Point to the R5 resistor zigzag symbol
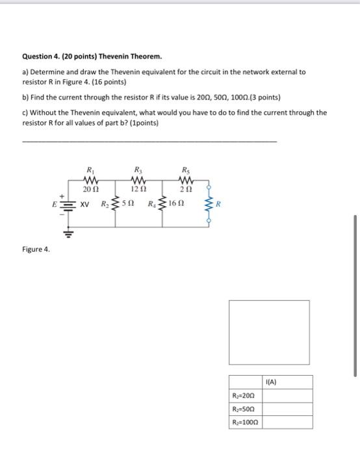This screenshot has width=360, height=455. pyautogui.click(x=186, y=180)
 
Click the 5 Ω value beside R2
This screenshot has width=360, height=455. pyautogui.click(x=131, y=203)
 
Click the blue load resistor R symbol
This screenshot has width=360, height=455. pyautogui.click(x=209, y=203)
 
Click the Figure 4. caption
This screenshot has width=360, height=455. pyautogui.click(x=36, y=249)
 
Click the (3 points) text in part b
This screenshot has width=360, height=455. pyautogui.click(x=264, y=97)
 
